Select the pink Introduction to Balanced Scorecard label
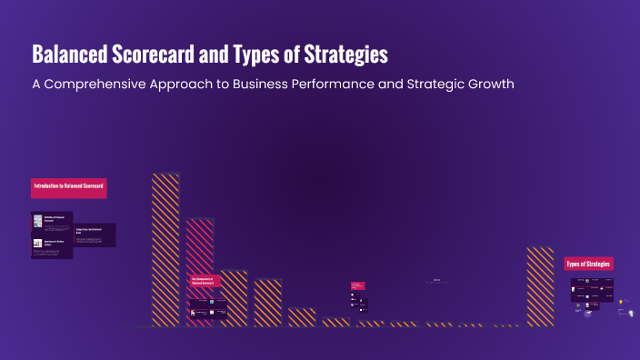tap(69, 187)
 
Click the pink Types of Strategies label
tap(589, 264)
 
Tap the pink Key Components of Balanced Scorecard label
tap(205, 282)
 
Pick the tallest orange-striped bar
tap(165, 248)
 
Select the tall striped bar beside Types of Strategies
tap(540, 285)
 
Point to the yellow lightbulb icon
tap(622, 301)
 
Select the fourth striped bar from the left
tap(267, 302)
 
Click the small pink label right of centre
tap(357, 285)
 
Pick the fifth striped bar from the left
tap(302, 316)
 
